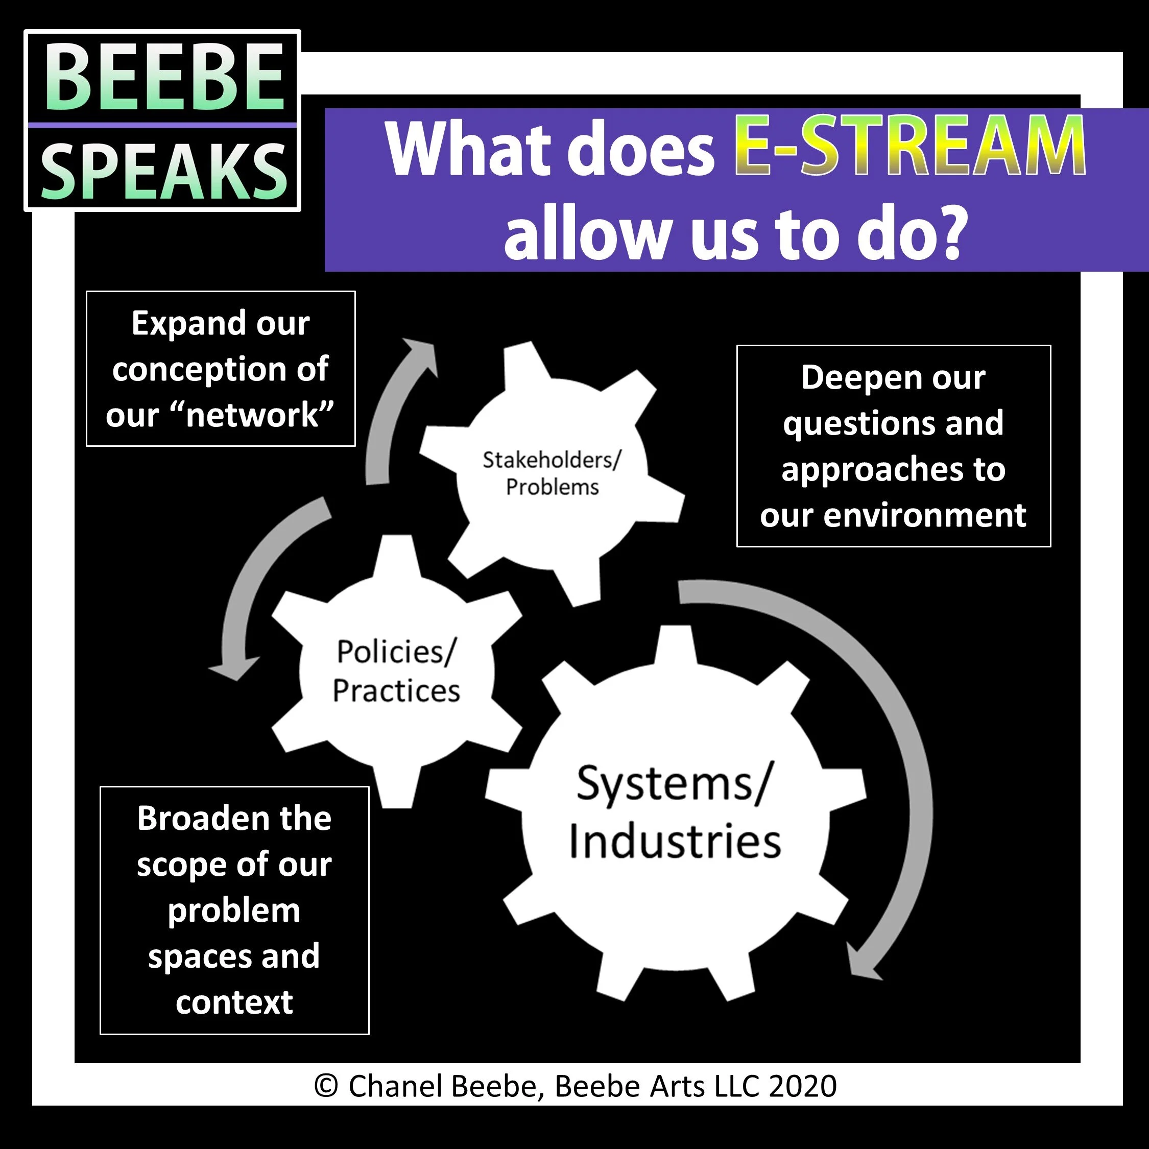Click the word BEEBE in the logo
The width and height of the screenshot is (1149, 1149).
(x=163, y=79)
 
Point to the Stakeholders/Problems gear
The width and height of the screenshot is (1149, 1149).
(x=552, y=473)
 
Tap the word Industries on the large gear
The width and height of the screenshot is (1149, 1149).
(x=675, y=842)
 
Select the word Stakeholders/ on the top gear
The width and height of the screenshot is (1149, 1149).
(x=552, y=460)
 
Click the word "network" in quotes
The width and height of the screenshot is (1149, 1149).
(x=252, y=415)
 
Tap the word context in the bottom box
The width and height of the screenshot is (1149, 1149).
(x=234, y=1002)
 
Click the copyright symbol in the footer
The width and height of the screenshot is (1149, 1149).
(x=326, y=1086)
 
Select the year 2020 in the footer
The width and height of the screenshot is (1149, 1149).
(x=802, y=1086)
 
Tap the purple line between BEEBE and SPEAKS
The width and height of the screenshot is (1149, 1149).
(x=162, y=125)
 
